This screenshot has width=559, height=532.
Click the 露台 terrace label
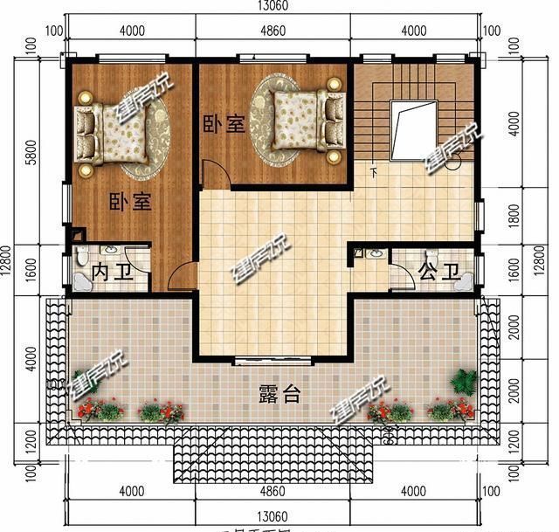279,394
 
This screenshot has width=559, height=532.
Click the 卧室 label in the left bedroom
130,203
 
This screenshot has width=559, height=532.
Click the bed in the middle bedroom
301,117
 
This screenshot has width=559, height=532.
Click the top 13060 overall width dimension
273,6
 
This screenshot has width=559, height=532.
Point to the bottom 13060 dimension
273,515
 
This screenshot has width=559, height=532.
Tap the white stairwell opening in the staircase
413,129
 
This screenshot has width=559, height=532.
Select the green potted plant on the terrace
463,382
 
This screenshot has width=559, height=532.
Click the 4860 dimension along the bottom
273,491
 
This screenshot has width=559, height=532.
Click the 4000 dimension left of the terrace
31,359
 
